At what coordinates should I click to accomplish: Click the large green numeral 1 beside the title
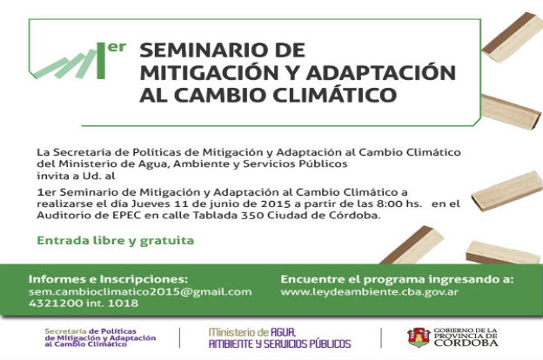click(101, 61)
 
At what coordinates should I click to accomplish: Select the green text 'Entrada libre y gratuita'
click(116, 241)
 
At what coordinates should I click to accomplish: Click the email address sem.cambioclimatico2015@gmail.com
click(140, 292)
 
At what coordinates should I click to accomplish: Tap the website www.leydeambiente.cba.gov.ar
click(369, 292)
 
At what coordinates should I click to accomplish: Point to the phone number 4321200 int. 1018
click(84, 303)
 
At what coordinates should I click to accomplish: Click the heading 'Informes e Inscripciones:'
click(108, 279)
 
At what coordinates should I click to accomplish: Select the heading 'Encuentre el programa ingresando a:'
click(397, 279)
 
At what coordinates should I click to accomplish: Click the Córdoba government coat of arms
click(419, 337)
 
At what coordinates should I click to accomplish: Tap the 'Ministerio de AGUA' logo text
click(252, 332)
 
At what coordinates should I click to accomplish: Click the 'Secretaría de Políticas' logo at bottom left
click(100, 337)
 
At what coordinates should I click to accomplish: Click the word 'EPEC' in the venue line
click(127, 216)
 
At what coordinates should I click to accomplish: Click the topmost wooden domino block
click(513, 37)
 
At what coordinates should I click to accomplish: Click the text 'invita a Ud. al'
click(77, 176)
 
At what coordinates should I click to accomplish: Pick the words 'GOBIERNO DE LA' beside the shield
click(466, 331)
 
